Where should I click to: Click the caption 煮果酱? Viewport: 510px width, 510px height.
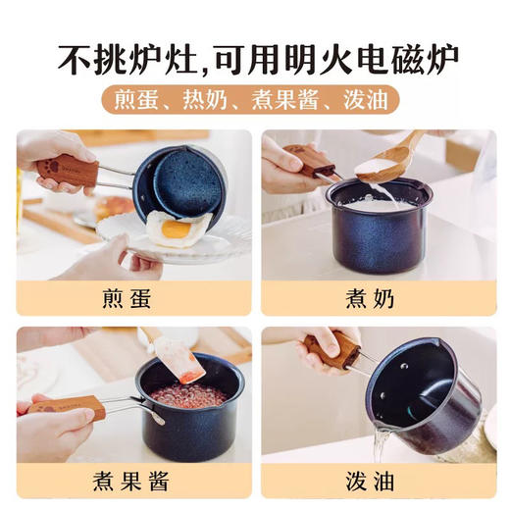(x=133, y=482)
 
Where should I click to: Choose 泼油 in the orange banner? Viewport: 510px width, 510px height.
(x=367, y=100)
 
